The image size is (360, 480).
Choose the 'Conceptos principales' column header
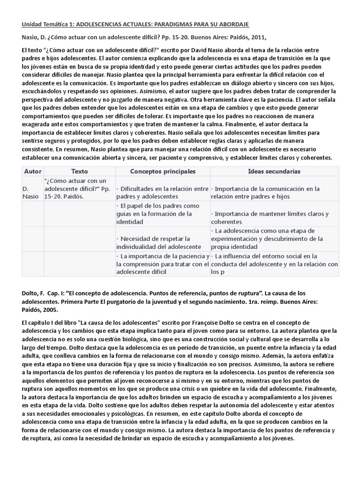click(x=163, y=171)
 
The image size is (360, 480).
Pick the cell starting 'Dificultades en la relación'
click(x=162, y=193)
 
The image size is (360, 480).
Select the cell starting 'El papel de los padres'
click(x=162, y=214)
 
